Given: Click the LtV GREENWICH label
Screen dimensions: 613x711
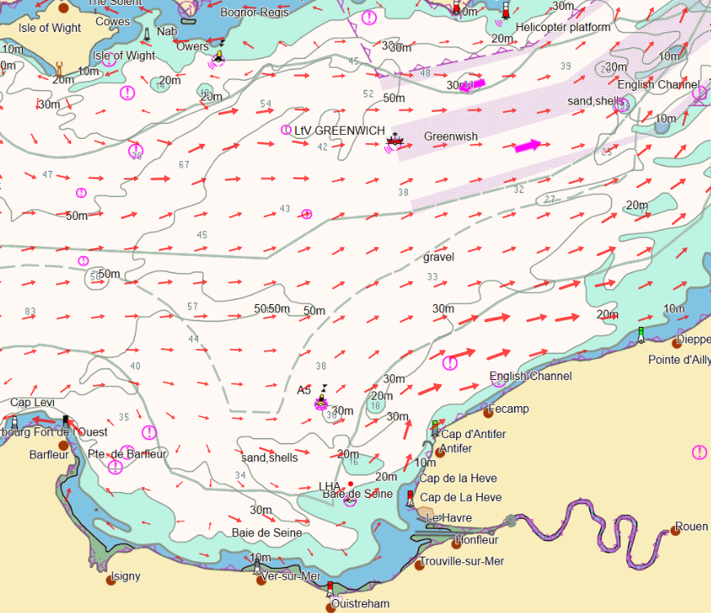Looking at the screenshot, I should pyautogui.click(x=339, y=131).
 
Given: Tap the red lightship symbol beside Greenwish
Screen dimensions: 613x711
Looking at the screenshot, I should pyautogui.click(x=396, y=140).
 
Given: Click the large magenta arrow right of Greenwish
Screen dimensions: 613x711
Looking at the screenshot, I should pyautogui.click(x=527, y=146).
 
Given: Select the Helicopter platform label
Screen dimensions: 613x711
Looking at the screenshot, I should pyautogui.click(x=563, y=27).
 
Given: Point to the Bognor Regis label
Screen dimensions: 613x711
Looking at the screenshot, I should pyautogui.click(x=254, y=12).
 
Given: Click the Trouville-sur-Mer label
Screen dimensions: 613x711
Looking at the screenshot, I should pyautogui.click(x=462, y=562).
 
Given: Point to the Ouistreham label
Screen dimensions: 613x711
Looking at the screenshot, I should pyautogui.click(x=360, y=604).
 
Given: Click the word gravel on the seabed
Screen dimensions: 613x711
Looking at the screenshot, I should pyautogui.click(x=439, y=257).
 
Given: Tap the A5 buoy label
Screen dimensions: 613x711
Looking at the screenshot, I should pyautogui.click(x=304, y=390).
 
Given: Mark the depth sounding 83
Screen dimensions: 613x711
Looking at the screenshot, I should pyautogui.click(x=30, y=311).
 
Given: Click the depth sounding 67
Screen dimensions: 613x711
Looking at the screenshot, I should pyautogui.click(x=184, y=165).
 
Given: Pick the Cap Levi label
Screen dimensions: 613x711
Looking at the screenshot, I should pyautogui.click(x=32, y=403).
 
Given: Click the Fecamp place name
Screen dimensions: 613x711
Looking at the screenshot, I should pyautogui.click(x=508, y=409).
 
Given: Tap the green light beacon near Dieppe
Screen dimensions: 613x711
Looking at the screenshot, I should pyautogui.click(x=642, y=333).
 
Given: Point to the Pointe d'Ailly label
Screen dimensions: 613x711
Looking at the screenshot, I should pyautogui.click(x=679, y=360).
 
